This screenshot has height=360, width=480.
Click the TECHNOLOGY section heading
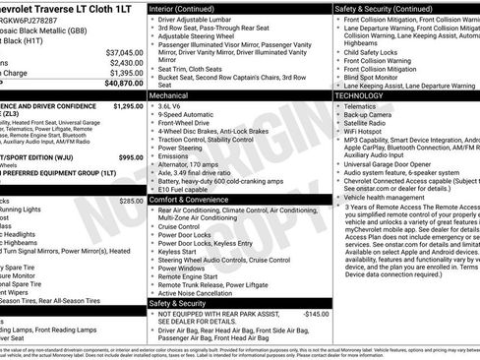(364, 96)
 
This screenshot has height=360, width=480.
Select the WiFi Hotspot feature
(375, 129)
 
